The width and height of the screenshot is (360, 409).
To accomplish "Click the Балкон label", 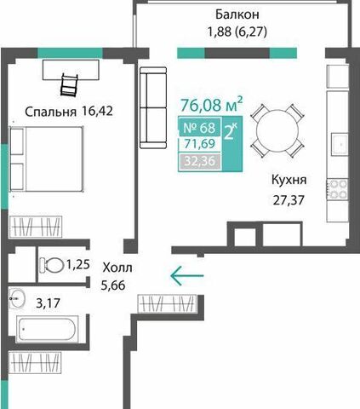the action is (237, 14).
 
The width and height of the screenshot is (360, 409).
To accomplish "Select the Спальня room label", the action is (50, 112).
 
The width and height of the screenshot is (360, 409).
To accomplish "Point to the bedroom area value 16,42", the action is (97, 111).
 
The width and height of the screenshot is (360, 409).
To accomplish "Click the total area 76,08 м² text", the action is (212, 105).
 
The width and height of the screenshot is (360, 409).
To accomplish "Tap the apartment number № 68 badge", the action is (199, 128).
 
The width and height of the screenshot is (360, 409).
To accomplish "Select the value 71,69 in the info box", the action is (199, 144).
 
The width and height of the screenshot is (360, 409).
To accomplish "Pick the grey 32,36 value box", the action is (200, 161).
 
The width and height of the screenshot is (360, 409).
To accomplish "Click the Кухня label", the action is (289, 180).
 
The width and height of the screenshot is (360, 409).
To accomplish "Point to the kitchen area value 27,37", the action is (289, 200).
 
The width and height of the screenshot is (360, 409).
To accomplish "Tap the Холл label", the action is (117, 268).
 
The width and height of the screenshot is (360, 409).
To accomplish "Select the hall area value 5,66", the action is (113, 285).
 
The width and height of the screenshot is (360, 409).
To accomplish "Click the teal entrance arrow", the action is (187, 275).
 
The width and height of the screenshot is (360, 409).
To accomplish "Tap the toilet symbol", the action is (52, 265).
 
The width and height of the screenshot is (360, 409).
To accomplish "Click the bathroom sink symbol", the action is (17, 298).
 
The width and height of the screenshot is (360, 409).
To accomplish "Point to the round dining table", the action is (277, 131).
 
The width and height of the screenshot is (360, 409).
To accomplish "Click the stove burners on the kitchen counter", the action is (337, 189).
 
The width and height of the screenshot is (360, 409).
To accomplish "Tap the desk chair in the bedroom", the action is (69, 84).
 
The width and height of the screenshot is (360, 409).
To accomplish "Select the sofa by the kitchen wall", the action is (153, 107).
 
